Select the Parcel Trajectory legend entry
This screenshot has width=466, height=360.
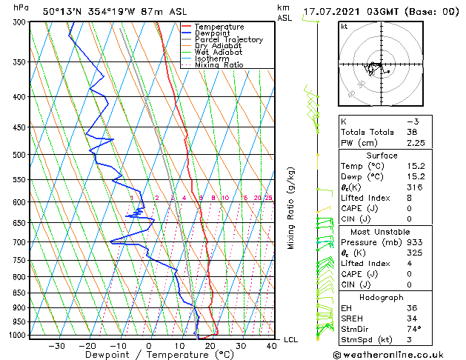tap(228, 39)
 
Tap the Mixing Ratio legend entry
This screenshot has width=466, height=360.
tap(219, 65)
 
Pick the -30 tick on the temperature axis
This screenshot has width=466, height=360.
tap(56, 346)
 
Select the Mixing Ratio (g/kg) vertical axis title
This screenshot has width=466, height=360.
tap(291, 208)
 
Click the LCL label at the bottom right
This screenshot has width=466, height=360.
tap(291, 339)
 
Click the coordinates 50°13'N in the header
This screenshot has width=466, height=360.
tap(62, 11)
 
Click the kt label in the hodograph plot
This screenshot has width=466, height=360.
tap(344, 27)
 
